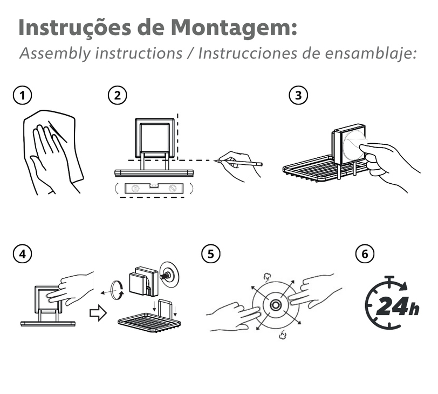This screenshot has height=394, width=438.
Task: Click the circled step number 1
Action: pos(22,96)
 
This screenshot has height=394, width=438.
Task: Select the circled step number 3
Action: pos(298,96)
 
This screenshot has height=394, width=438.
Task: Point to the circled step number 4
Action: pos(22,253)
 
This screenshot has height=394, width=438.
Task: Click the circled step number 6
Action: pos(364,253)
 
